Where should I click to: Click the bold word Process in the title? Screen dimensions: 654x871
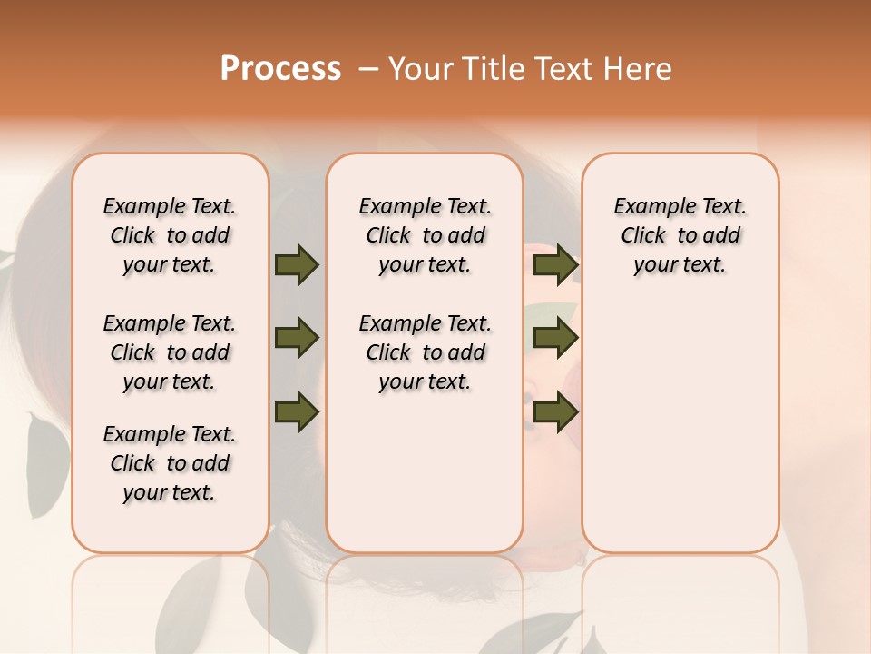[280, 69]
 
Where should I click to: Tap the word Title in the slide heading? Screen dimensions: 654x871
[492, 69]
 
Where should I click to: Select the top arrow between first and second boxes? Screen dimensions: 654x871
[297, 265]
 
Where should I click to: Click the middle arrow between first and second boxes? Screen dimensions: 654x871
[297, 339]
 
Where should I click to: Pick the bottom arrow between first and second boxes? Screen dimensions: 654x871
[297, 412]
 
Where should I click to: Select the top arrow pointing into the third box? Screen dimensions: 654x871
[555, 265]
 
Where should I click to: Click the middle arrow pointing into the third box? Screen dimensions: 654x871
[555, 339]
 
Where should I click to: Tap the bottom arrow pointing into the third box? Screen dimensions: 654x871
[555, 412]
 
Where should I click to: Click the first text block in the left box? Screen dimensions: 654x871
[170, 235]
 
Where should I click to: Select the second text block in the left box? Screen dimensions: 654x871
[170, 352]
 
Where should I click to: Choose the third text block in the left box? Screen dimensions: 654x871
[170, 463]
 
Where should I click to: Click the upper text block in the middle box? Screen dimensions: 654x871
[425, 235]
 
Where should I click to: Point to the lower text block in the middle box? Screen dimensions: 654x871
[425, 352]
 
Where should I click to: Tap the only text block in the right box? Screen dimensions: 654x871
[680, 235]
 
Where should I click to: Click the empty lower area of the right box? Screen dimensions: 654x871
[680, 427]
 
